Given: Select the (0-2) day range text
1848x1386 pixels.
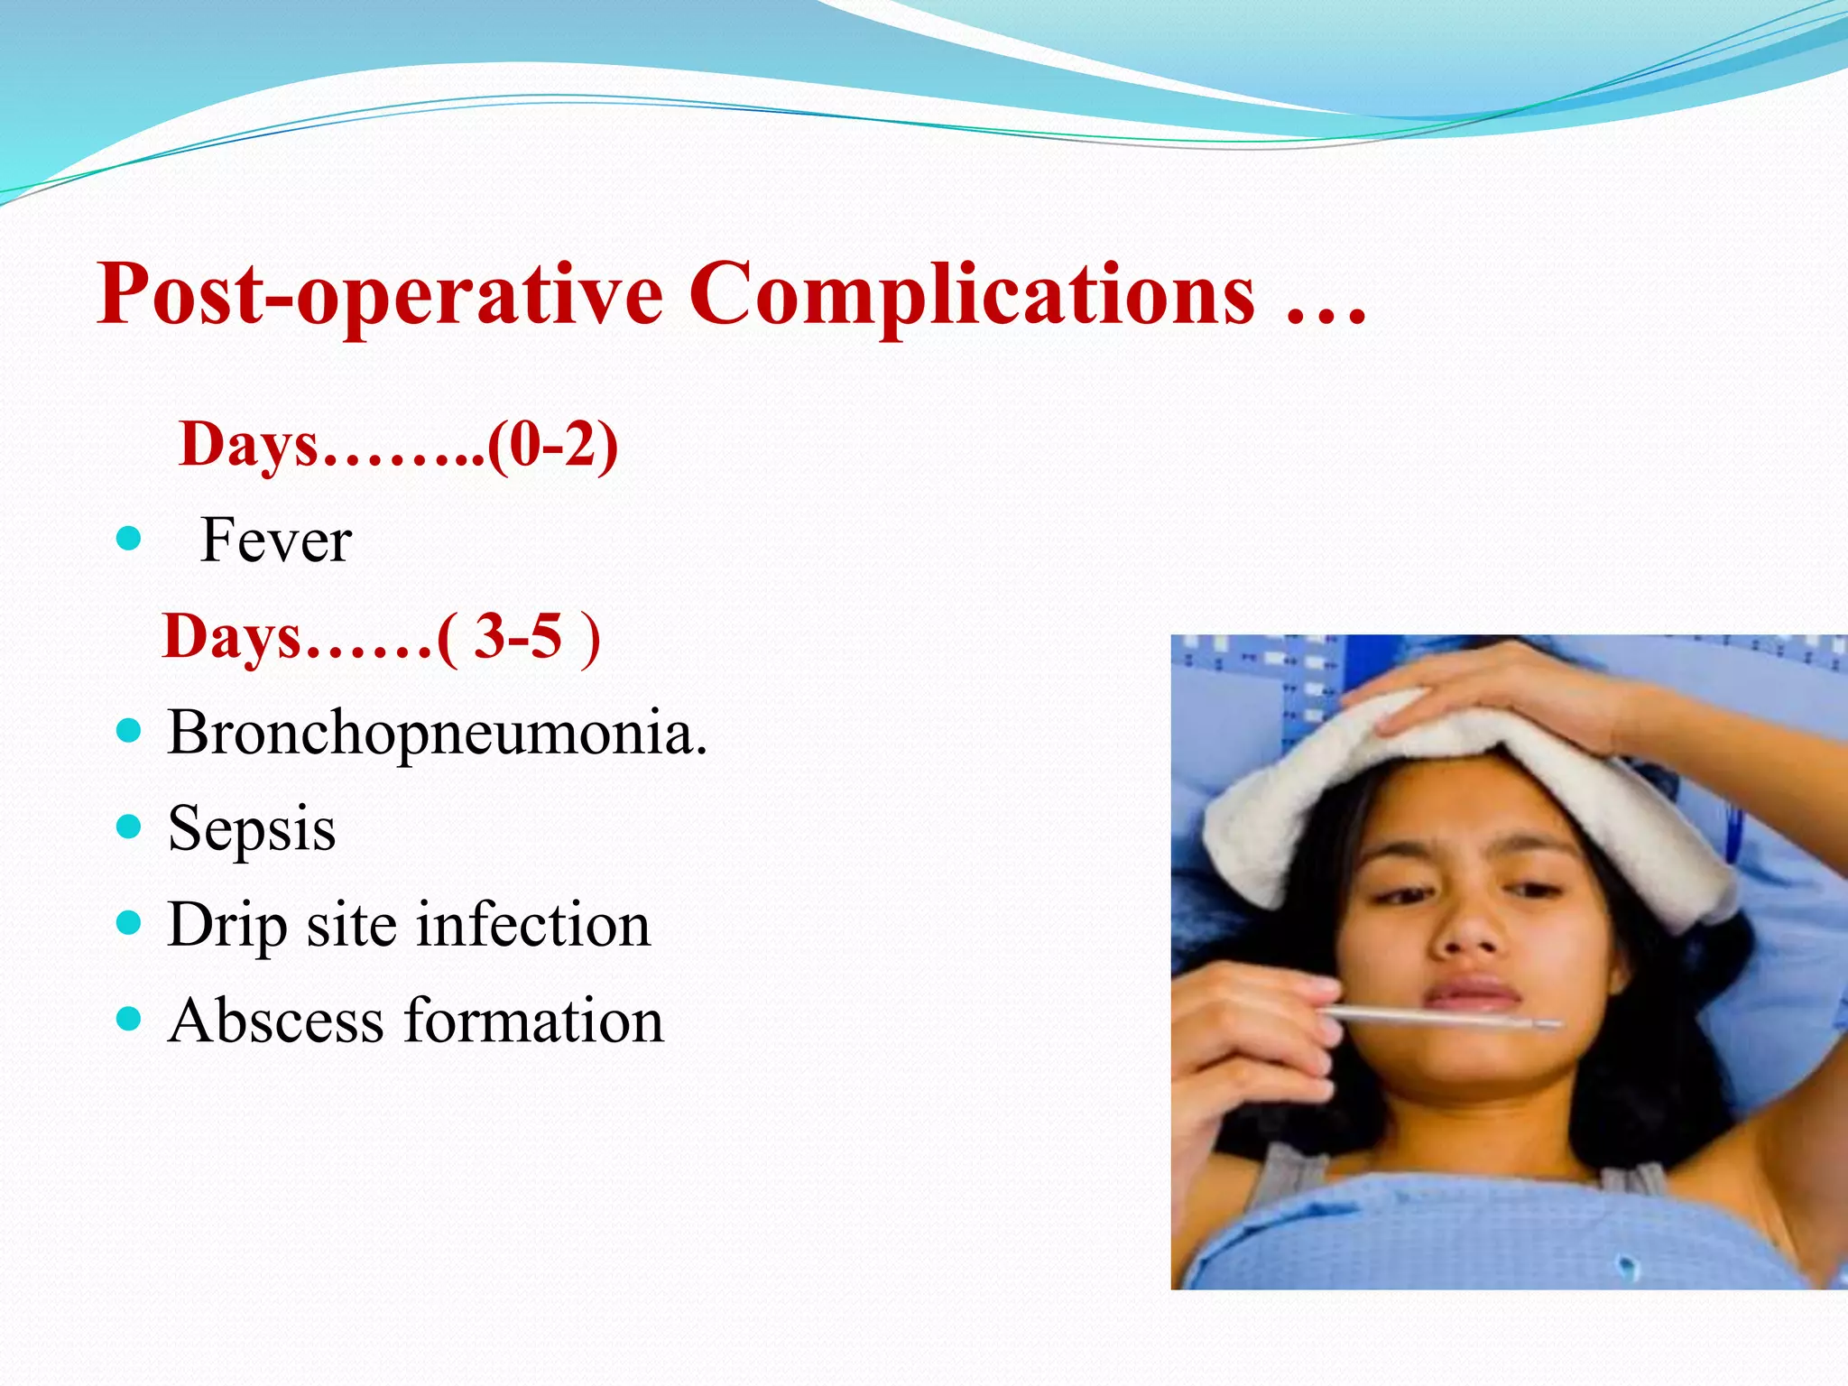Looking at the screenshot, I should click(x=552, y=446).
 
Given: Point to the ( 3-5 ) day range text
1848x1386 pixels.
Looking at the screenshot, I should click(x=518, y=637).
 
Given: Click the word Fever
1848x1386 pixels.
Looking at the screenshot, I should click(x=275, y=541).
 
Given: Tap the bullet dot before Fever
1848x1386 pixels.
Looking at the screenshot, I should click(x=130, y=539).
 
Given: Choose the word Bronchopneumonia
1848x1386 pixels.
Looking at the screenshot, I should click(x=437, y=733).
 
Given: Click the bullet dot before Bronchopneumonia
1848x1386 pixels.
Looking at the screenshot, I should click(x=130, y=730).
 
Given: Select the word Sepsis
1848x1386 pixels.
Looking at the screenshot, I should click(x=252, y=829).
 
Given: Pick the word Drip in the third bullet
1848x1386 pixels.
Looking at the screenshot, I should click(x=227, y=926).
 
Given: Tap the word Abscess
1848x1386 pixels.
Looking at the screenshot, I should click(x=276, y=1021).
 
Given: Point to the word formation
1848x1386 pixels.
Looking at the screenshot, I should click(x=533, y=1021).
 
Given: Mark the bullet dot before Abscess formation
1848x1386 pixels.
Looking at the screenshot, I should click(x=130, y=1020).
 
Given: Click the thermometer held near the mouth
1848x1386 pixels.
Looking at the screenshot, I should click(x=1444, y=1018).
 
